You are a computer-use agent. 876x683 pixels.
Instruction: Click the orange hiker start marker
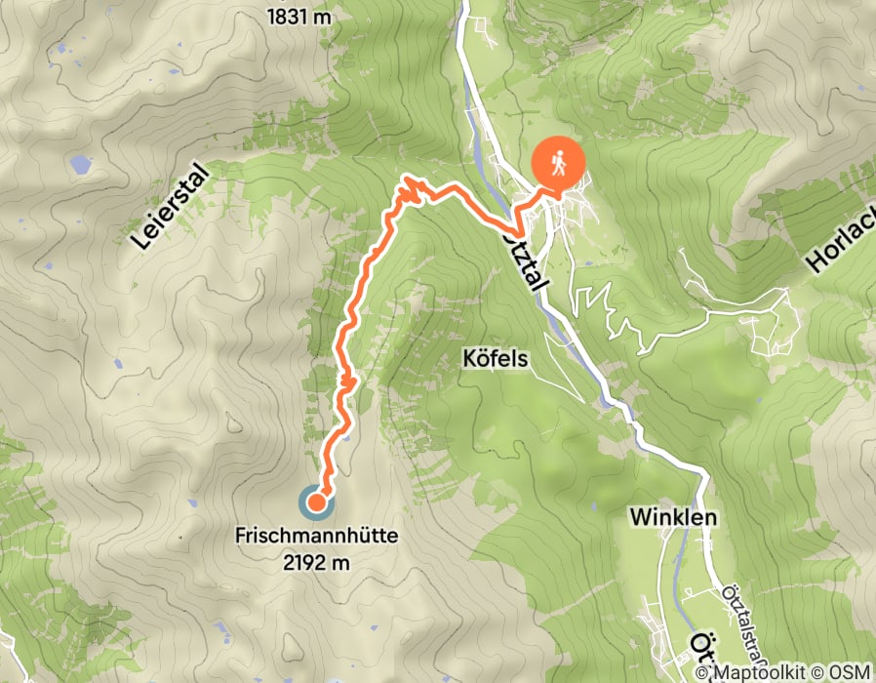tap(557, 163)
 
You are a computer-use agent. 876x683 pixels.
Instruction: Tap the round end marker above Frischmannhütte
tap(316, 502)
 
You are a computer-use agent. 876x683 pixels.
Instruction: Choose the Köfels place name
tap(495, 359)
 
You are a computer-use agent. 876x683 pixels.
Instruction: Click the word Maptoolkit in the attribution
tap(760, 672)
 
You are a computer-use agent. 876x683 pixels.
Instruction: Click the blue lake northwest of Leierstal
tap(77, 164)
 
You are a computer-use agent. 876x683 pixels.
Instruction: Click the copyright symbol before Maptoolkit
tap(705, 672)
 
